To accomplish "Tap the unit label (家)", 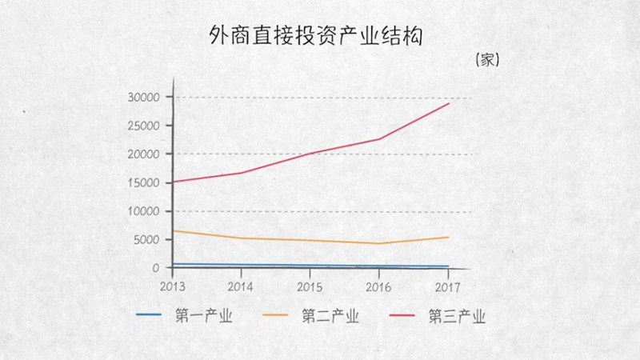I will point(487,60).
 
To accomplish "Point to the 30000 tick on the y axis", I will point(146,97).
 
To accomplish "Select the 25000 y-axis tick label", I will point(146,126).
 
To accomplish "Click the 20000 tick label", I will point(146,154).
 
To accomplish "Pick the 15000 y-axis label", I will point(146,182).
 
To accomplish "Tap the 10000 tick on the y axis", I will point(146,211).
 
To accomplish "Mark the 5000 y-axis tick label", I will point(149,239).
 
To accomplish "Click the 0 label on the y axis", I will point(156,267).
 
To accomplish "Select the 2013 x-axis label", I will point(172,286).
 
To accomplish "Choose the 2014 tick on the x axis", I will point(241,286).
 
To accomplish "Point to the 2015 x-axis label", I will point(310,286).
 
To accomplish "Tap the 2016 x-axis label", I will point(378,286).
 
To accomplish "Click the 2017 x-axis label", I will point(447,286).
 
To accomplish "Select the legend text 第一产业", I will point(204,316).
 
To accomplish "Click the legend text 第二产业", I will point(330,316).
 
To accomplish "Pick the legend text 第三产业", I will point(458,316).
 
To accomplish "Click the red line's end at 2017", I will point(449,103).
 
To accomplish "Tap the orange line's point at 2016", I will point(379,243).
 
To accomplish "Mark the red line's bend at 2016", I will point(379,139).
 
